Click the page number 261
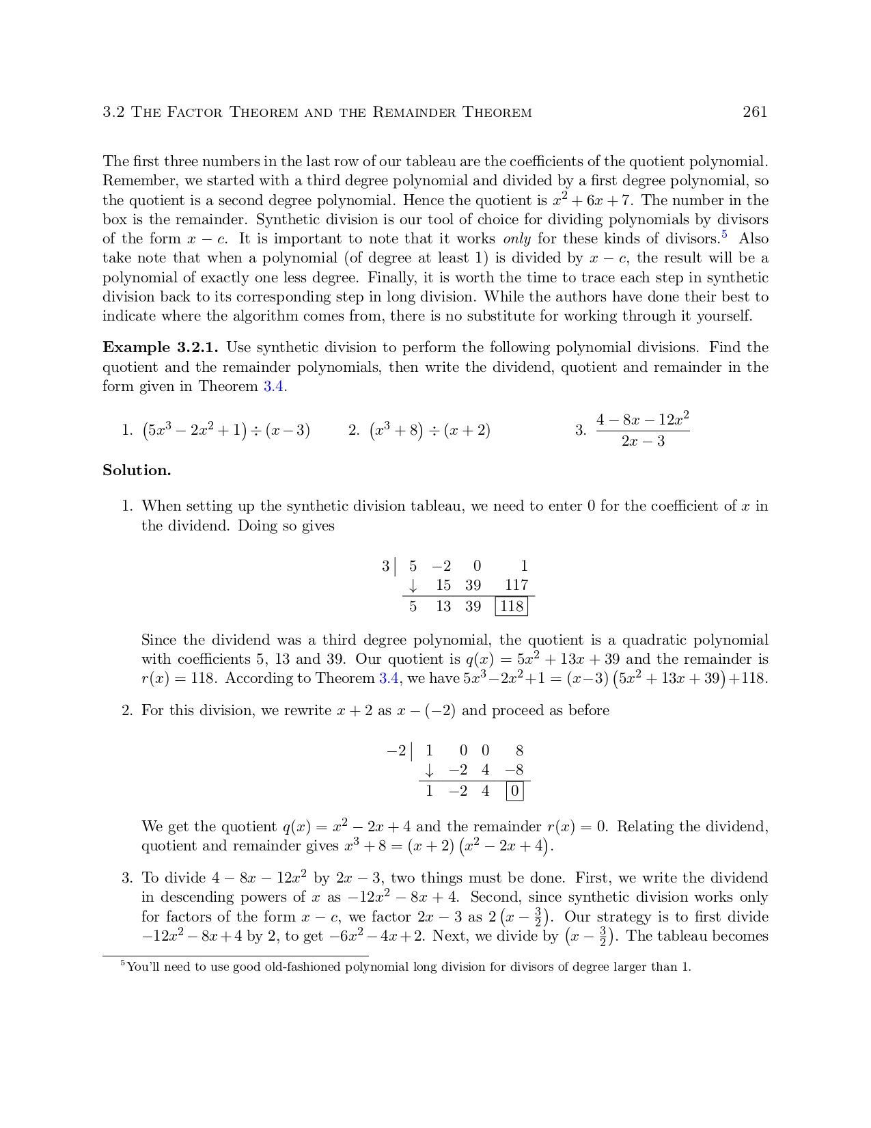point(755,112)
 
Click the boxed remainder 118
point(511,606)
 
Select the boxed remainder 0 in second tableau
point(515,792)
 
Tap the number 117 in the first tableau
point(516,585)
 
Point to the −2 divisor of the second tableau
point(396,751)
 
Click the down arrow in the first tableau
point(413,586)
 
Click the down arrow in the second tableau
point(429,770)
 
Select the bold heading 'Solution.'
point(137,470)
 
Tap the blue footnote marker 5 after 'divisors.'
point(725,235)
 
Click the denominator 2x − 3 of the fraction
point(643,441)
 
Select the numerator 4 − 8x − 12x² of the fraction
point(642,420)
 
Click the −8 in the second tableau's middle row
point(514,770)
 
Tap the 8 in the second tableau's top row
point(519,751)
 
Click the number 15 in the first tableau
point(443,585)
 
